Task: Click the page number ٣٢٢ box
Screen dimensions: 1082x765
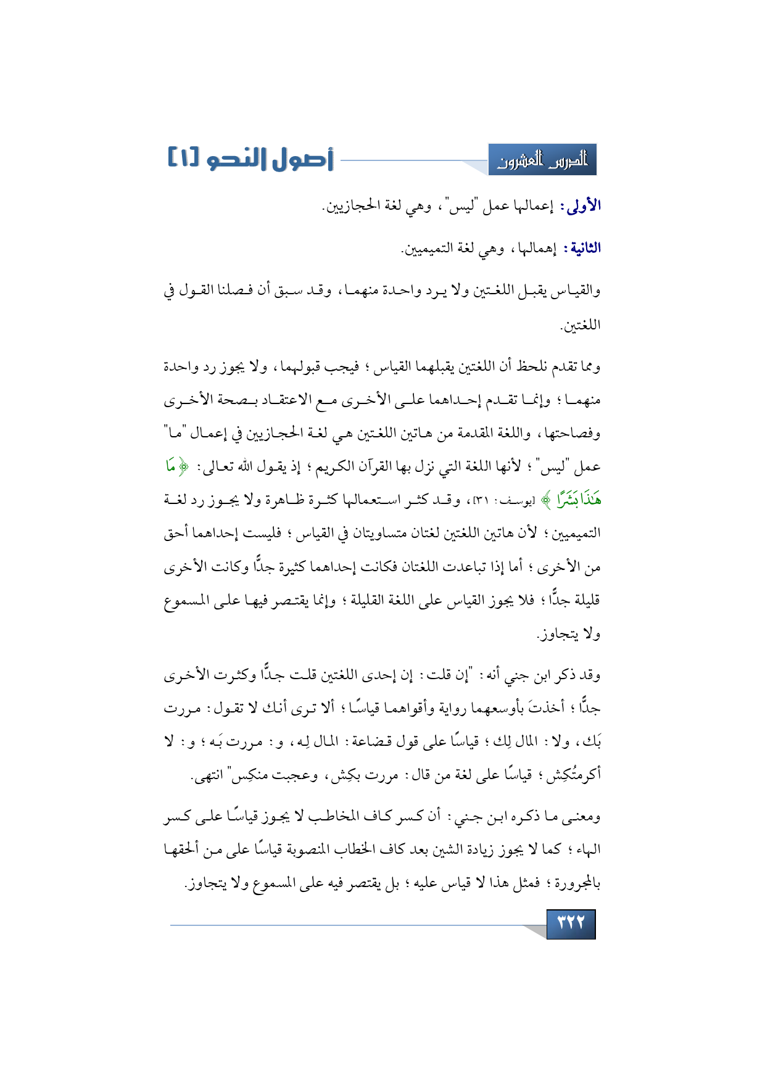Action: coord(571,923)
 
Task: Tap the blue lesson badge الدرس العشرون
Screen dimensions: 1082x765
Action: coord(542,160)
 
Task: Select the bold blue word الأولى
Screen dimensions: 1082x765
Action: coord(580,206)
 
